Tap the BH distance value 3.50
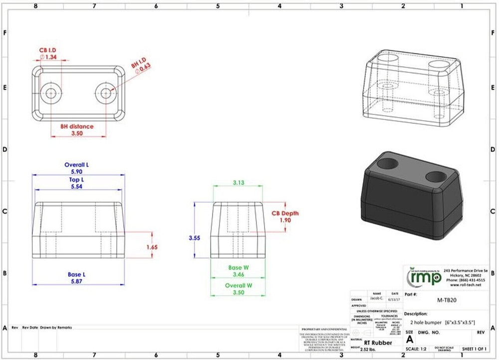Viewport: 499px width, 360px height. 77,134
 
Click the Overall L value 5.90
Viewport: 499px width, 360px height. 77,171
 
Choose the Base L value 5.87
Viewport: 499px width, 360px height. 77,281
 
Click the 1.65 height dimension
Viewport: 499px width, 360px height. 153,247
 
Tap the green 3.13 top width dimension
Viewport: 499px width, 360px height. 239,183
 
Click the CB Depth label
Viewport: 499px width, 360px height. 285,213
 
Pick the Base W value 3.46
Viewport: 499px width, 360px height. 239,274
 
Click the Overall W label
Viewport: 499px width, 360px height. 239,286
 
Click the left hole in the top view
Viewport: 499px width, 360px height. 50,93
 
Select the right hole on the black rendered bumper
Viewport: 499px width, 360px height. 437,176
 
